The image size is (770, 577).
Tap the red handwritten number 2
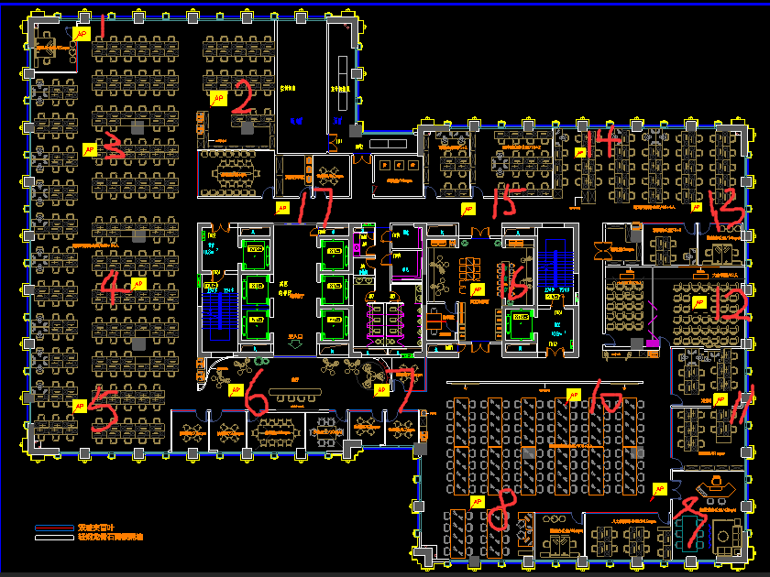coord(242,96)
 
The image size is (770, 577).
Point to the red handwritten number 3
coord(114,147)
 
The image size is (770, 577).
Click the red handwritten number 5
coord(103,414)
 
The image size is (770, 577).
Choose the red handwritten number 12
coord(730,304)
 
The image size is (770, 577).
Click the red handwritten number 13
coord(727,209)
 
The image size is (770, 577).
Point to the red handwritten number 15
coord(504,200)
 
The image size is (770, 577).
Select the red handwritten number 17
coord(319,206)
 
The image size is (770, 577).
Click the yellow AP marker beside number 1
coord(81,34)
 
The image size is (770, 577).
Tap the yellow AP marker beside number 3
coord(90,148)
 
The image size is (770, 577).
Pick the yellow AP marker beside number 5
coord(80,405)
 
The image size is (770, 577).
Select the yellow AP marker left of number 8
coord(477,502)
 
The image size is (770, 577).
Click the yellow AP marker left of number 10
coord(574,395)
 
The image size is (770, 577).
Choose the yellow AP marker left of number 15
coord(467,210)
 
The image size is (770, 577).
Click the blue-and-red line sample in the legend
coord(53,528)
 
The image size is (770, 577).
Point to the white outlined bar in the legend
coord(53,538)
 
